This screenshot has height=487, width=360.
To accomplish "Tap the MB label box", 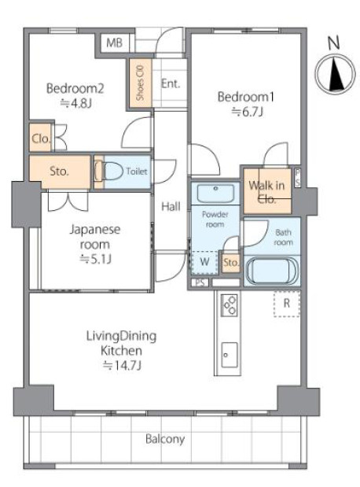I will pyautogui.click(x=115, y=42).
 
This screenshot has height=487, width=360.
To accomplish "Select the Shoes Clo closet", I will pyautogui.click(x=140, y=83).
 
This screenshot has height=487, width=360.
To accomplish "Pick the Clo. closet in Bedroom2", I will pyautogui.click(x=41, y=140).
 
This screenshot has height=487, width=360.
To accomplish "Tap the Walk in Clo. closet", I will pyautogui.click(x=266, y=191).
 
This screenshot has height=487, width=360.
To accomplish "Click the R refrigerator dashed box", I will pyautogui.click(x=286, y=303).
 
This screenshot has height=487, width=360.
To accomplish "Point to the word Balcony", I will pyautogui.click(x=163, y=439).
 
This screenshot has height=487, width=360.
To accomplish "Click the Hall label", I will pyautogui.click(x=171, y=207).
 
